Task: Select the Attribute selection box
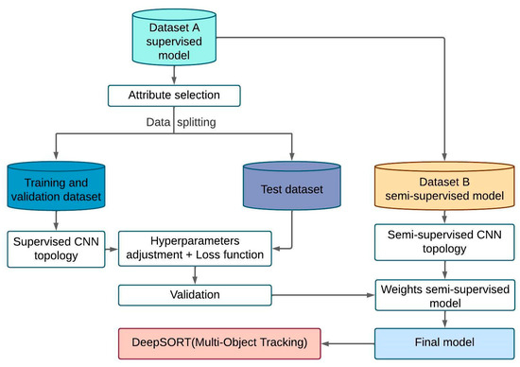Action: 175,95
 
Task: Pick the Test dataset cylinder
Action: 293,187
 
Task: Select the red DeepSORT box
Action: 218,340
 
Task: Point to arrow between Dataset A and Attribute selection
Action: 175,74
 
